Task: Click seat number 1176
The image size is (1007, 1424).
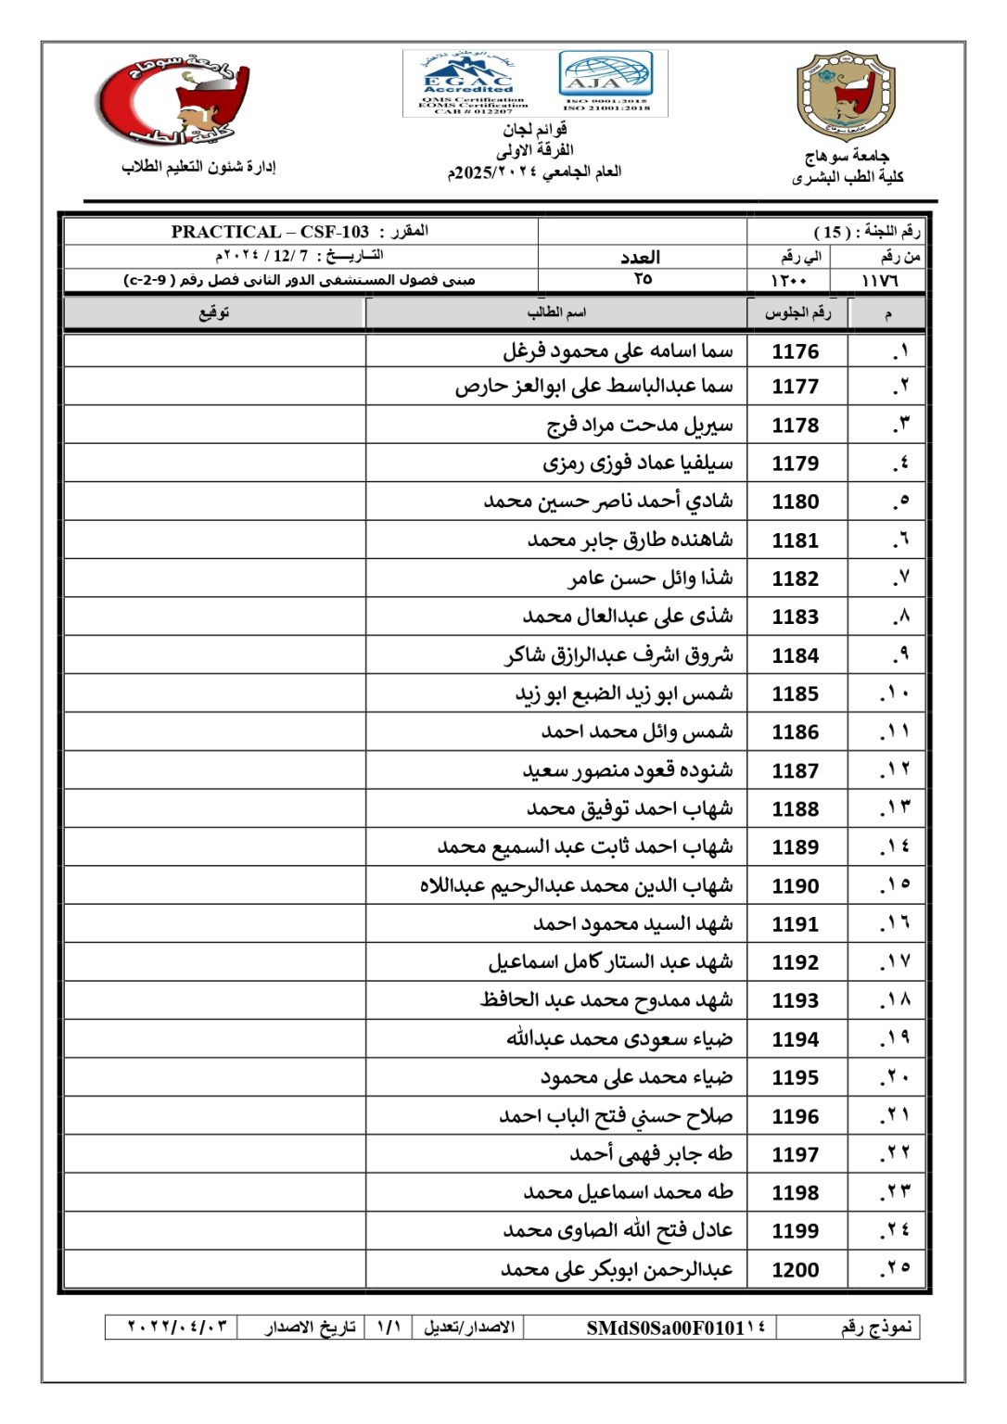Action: [x=796, y=351]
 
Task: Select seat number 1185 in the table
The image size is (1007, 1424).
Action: [x=796, y=693]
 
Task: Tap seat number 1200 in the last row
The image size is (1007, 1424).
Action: [x=796, y=1270]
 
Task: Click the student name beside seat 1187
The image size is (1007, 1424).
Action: [x=628, y=770]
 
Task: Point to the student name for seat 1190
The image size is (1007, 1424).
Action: [x=576, y=886]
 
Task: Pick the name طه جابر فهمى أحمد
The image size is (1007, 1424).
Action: [x=651, y=1154]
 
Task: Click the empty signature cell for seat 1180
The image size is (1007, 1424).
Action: [x=215, y=502]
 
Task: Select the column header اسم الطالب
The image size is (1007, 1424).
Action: [x=556, y=312]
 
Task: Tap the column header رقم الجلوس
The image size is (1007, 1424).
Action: [x=797, y=312]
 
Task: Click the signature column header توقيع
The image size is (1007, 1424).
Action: [x=215, y=312]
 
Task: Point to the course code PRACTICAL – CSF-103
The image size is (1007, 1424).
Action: [x=270, y=232]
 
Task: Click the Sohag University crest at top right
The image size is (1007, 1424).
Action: [x=847, y=95]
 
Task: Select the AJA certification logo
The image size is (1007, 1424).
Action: [x=605, y=81]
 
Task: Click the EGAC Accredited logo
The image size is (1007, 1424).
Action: [x=471, y=83]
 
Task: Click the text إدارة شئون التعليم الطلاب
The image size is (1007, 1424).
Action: [x=198, y=167]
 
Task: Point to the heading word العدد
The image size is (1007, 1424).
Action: [x=641, y=257]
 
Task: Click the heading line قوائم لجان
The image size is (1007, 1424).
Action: [x=535, y=130]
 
